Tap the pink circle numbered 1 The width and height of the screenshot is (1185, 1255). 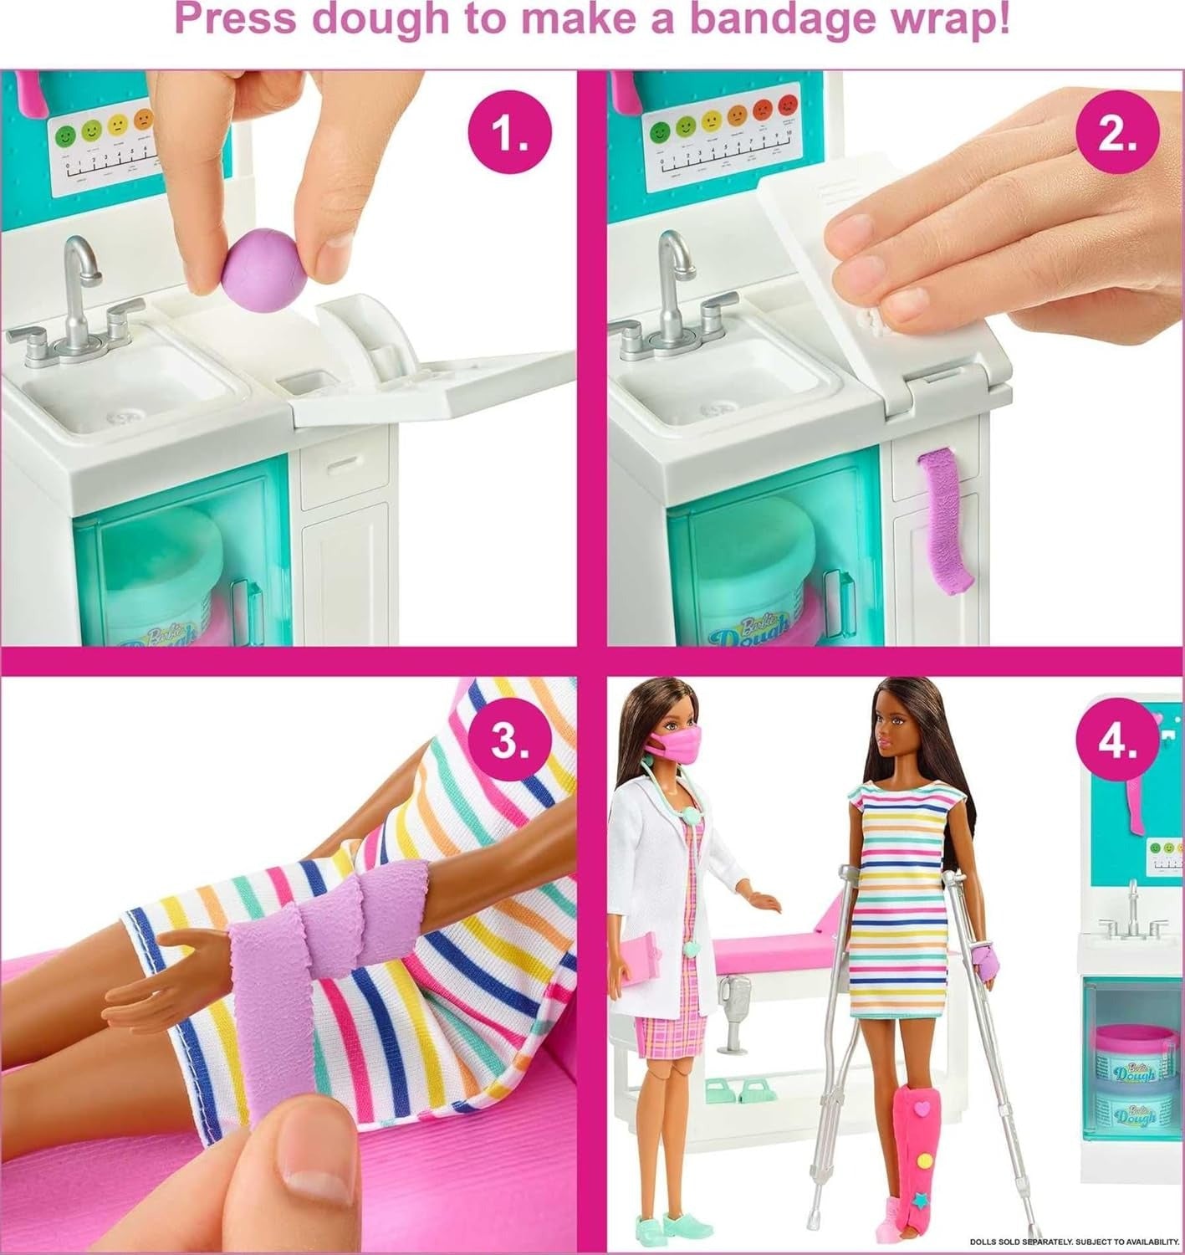pos(510,134)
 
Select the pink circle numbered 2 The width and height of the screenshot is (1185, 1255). pos(1117,134)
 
